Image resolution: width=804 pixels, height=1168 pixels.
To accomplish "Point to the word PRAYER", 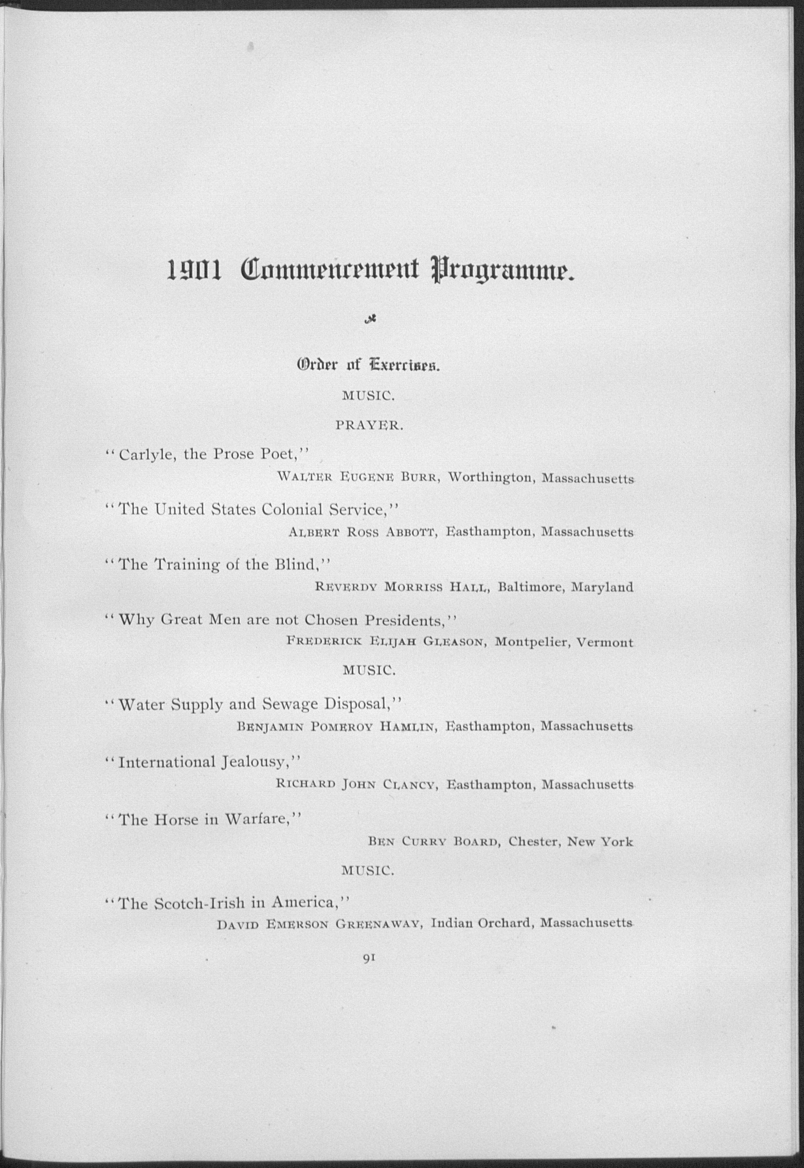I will (369, 426).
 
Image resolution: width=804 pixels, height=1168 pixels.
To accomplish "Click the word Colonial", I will (292, 510).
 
